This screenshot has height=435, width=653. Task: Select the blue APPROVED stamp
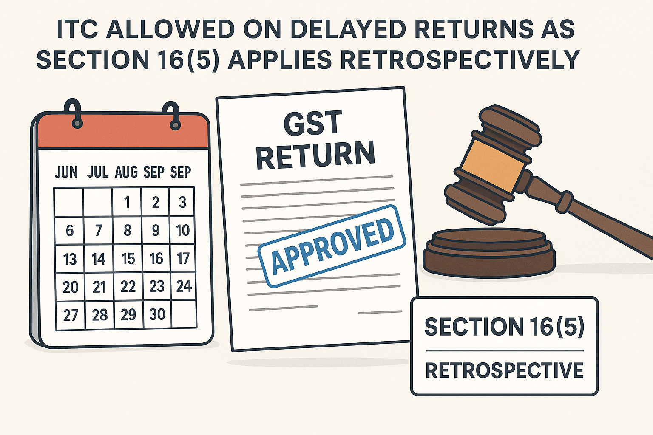click(332, 246)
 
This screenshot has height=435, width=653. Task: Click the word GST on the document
click(313, 123)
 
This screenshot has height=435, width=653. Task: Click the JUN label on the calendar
click(66, 172)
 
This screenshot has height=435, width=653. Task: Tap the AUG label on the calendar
click(126, 172)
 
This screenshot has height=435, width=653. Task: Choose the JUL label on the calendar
click(98, 172)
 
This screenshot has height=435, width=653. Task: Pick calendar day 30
click(157, 314)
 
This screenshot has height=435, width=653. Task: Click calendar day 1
click(127, 202)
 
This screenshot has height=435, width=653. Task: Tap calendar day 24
click(184, 286)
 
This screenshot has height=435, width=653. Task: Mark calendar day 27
click(71, 315)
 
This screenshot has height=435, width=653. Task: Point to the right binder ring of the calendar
click(173, 116)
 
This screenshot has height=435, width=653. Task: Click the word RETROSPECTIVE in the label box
click(505, 370)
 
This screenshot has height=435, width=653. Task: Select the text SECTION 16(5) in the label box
click(505, 326)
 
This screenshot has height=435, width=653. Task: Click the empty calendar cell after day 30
click(184, 314)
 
